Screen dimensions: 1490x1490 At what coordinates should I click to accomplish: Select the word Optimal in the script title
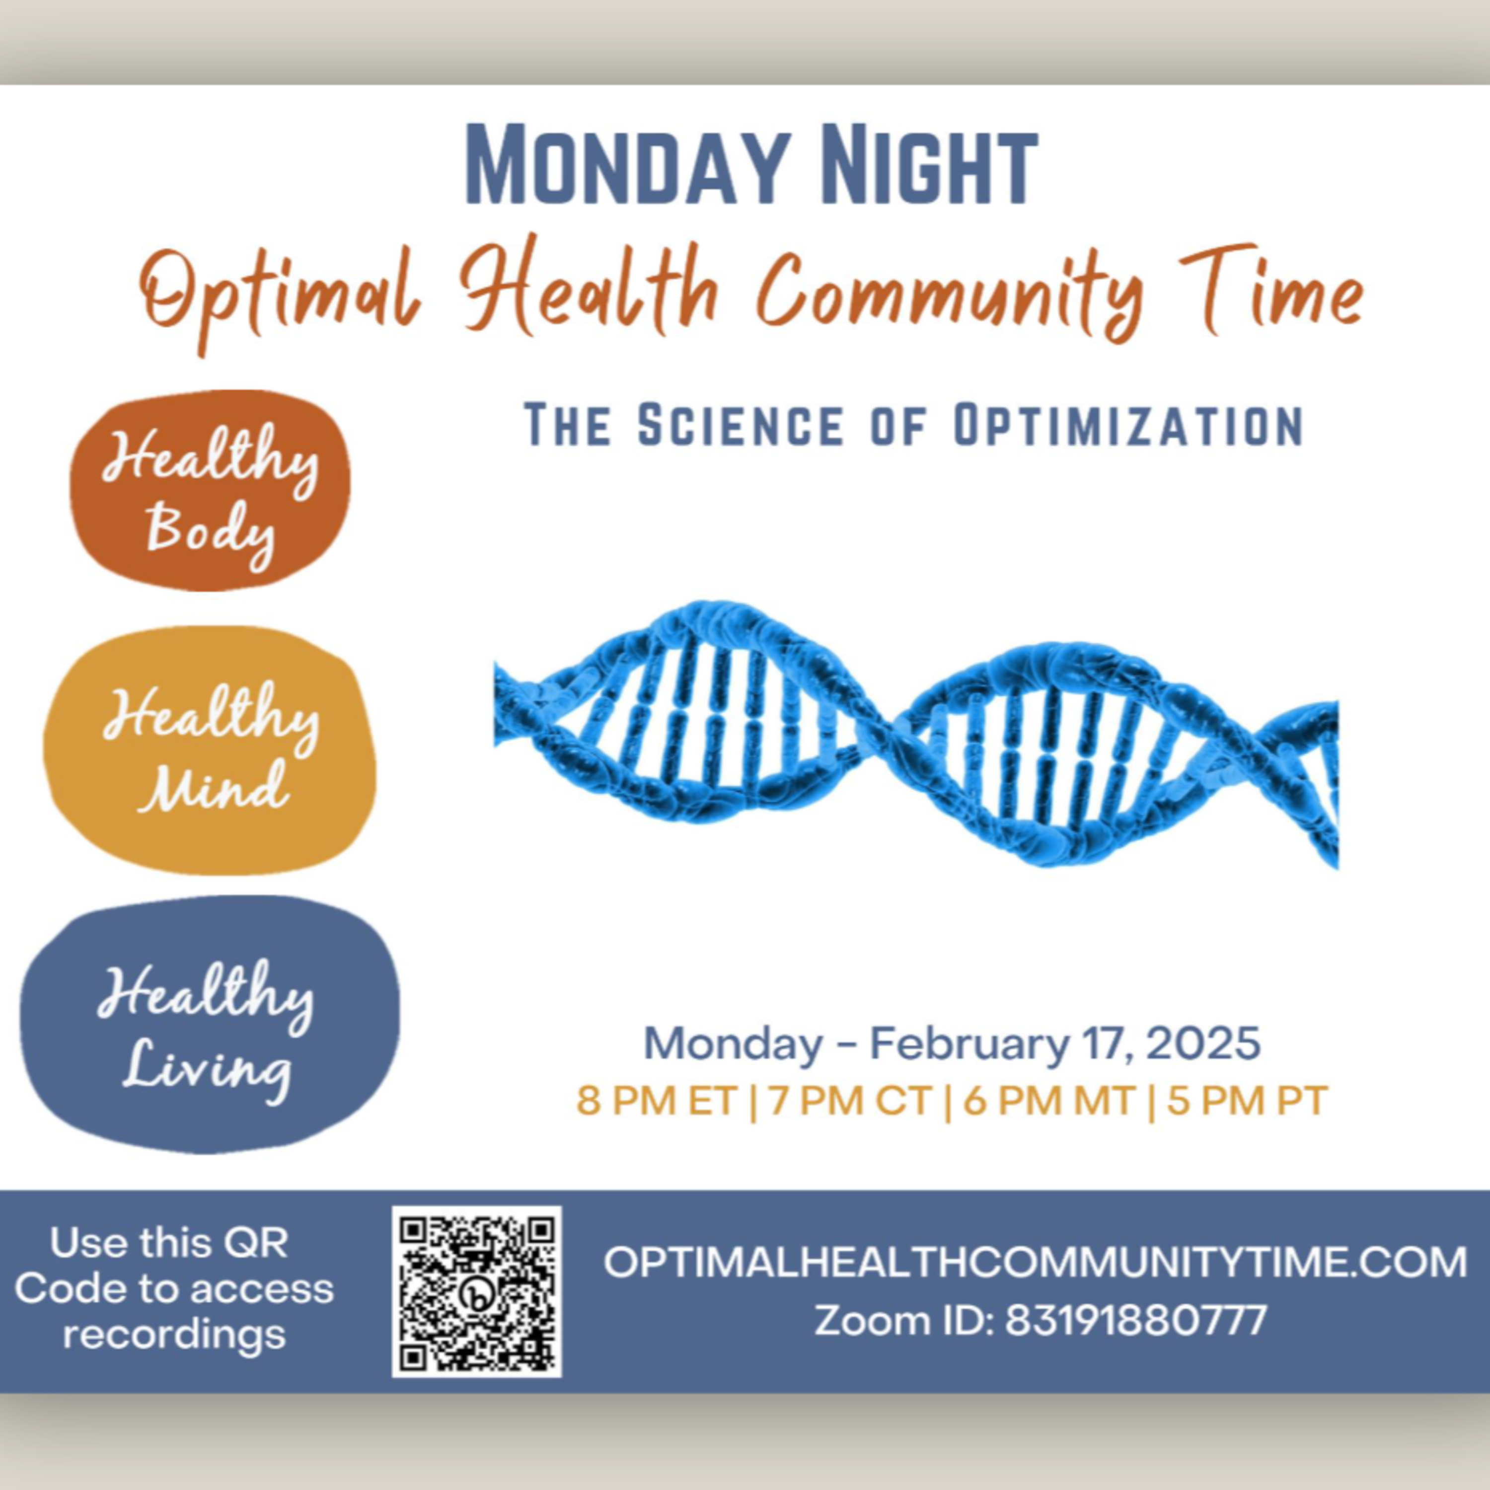pos(282,297)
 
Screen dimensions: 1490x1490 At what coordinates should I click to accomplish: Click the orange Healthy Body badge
pos(210,491)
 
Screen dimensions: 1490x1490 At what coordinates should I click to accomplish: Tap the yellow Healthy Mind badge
pos(210,749)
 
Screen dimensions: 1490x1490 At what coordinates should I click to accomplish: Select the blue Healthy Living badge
pos(210,1025)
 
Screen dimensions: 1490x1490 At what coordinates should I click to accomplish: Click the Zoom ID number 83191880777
pos(1136,1320)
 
